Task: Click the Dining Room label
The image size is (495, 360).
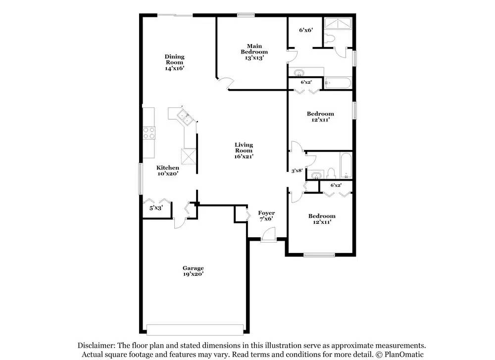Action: pos(174,62)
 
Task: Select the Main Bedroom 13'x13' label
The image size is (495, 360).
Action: pos(254,51)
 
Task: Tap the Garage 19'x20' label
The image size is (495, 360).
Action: pos(193,271)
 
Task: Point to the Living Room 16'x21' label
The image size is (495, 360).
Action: pos(244,150)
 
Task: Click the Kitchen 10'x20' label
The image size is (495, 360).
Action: pos(168,171)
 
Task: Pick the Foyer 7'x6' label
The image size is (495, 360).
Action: pos(266,216)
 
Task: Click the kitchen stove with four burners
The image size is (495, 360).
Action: pos(149,132)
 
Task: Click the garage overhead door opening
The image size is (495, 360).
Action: pos(196,329)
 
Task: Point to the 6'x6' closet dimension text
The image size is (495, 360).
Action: pos(305,30)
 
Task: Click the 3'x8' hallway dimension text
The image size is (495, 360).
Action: pos(297,171)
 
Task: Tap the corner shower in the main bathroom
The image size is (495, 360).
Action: pos(338,24)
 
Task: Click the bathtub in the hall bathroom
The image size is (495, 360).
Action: pos(345,165)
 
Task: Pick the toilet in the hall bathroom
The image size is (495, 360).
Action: pos(331,173)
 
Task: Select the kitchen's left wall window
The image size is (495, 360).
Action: pos(141,178)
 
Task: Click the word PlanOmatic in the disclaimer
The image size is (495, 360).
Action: pos(400,355)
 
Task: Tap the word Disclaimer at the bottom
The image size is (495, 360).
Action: pos(96,346)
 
